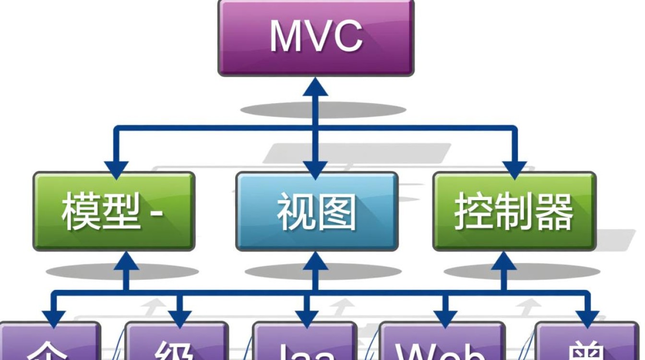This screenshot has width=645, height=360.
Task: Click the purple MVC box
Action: click(x=316, y=37)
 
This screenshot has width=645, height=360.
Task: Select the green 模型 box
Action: click(x=114, y=211)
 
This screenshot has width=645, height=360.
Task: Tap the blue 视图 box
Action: click(x=317, y=211)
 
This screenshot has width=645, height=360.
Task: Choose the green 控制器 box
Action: click(x=514, y=211)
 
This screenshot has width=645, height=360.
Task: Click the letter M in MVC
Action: click(x=287, y=36)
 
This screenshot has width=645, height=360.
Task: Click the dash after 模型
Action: click(x=157, y=213)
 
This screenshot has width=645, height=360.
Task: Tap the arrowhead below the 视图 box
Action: click(x=316, y=260)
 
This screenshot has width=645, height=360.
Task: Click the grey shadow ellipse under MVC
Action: click(x=322, y=110)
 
